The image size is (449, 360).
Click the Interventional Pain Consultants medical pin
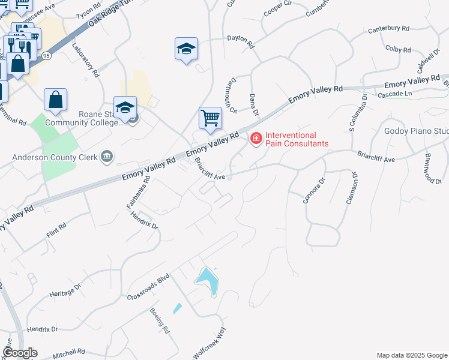click(256, 139)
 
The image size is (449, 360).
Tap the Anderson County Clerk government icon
click(107, 157)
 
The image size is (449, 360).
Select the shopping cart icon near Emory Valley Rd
click(210, 118)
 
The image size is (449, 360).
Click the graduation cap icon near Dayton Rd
click(186, 49)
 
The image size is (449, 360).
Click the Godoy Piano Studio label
click(416, 131)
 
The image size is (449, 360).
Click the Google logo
click(20, 353)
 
